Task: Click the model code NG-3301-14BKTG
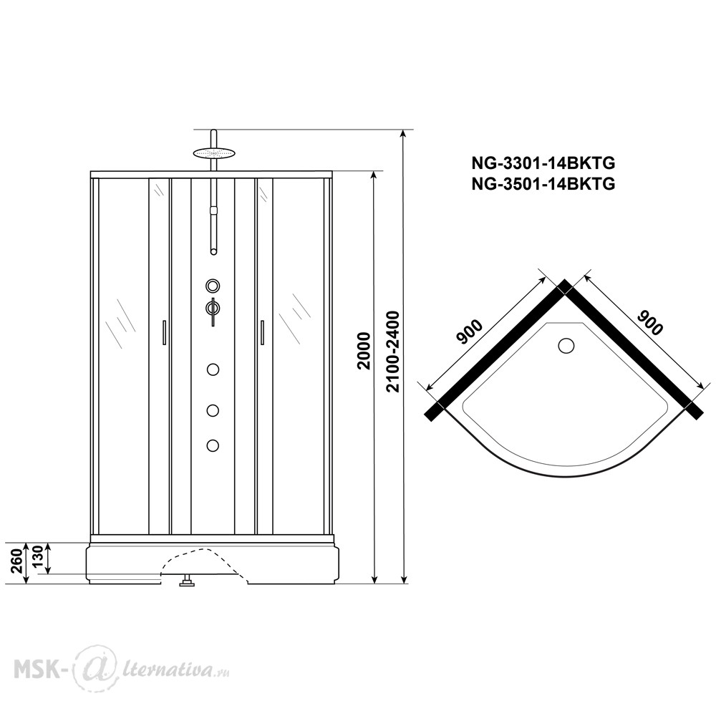coord(543,163)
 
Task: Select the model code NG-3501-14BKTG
coord(543,184)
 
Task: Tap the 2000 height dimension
coord(364,350)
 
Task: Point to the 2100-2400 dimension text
coord(392,351)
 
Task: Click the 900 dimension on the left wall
coord(470,332)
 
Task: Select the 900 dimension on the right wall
coord(649,322)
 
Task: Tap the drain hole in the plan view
coord(566,345)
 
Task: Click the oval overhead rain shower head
coord(213,153)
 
